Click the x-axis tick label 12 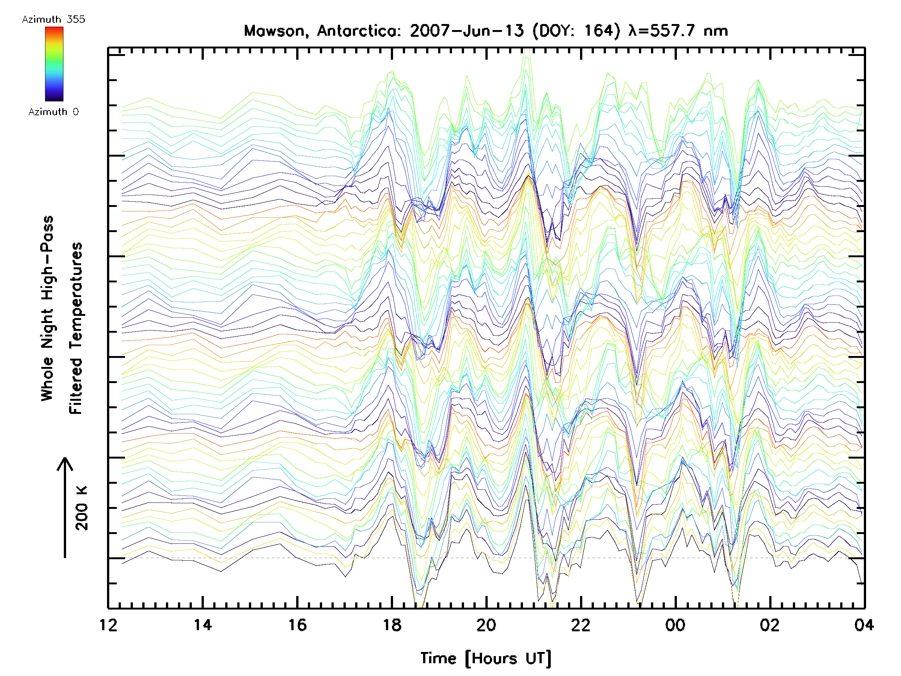108,625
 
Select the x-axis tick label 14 203,625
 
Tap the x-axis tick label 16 297,625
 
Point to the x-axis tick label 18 392,625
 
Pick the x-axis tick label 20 486,625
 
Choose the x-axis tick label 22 581,625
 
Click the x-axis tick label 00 675,625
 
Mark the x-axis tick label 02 770,625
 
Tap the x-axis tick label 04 864,625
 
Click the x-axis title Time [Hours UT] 486,659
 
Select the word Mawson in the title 274,31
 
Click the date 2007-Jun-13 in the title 467,31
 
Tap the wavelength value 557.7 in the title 672,31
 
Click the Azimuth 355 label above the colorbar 53,20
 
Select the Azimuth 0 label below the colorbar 53,112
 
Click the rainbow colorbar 54,64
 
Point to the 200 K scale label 82,508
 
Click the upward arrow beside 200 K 65,507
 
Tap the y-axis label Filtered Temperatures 76,329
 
